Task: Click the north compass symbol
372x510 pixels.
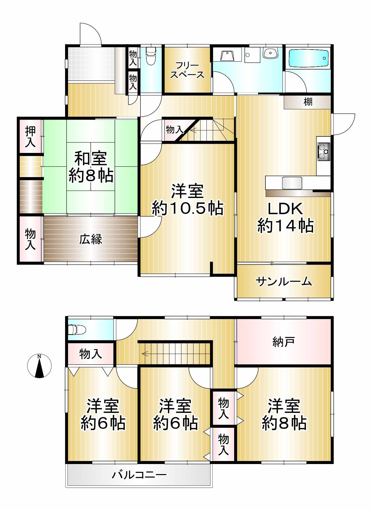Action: [x=39, y=366]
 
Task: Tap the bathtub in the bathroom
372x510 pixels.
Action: [x=308, y=58]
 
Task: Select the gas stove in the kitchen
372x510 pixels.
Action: [x=324, y=151]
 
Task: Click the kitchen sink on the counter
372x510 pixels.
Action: [x=292, y=183]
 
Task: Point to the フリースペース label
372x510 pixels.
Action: [x=187, y=70]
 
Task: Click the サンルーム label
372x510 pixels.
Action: [x=284, y=282]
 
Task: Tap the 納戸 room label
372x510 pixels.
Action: [x=284, y=342]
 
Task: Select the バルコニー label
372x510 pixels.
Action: [x=139, y=475]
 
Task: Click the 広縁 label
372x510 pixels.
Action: [x=91, y=239]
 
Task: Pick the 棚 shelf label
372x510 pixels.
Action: [x=308, y=102]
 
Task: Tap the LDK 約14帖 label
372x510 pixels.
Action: [x=285, y=217]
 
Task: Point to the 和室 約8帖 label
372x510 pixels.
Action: [x=91, y=167]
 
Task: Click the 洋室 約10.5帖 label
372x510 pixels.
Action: [x=187, y=199]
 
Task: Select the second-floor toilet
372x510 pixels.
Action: [x=77, y=329]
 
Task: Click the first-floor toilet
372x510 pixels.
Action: [x=151, y=56]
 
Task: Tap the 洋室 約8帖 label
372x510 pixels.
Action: [x=284, y=415]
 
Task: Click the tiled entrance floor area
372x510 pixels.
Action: [x=91, y=64]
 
